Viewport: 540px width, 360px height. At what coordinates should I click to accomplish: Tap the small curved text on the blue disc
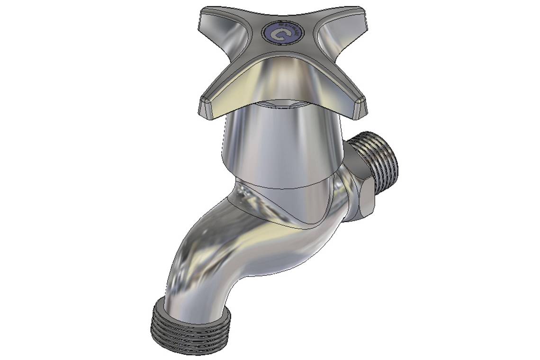[294, 30]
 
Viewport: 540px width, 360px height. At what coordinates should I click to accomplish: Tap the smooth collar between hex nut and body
[346, 199]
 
